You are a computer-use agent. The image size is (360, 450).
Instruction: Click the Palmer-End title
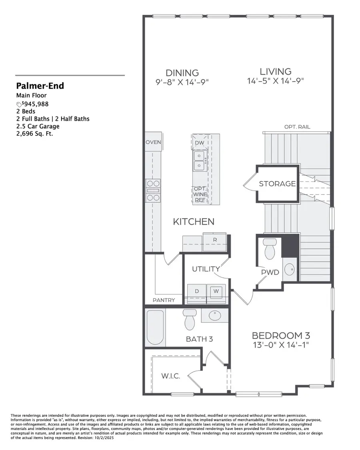pyautogui.click(x=40, y=86)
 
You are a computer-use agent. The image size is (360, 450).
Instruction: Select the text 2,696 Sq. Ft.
pyautogui.click(x=34, y=134)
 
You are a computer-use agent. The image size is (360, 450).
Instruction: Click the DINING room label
pyautogui.click(x=182, y=73)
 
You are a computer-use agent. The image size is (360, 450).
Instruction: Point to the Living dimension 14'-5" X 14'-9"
pyautogui.click(x=276, y=81)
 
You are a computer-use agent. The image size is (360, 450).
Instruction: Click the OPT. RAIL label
pyautogui.click(x=297, y=127)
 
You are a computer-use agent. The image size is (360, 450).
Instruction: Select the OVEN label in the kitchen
pyautogui.click(x=153, y=142)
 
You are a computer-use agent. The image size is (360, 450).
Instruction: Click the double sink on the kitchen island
pyautogui.click(x=199, y=160)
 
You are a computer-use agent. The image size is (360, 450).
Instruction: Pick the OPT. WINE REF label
pyautogui.click(x=200, y=194)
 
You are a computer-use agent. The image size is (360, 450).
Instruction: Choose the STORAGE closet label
pyautogui.click(x=277, y=184)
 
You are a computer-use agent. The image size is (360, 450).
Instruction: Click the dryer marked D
pyautogui.click(x=197, y=291)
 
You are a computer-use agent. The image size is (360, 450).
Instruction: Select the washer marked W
pyautogui.click(x=216, y=291)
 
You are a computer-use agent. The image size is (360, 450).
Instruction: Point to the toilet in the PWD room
pyautogui.click(x=270, y=249)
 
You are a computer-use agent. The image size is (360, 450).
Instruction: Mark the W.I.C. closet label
pyautogui.click(x=170, y=376)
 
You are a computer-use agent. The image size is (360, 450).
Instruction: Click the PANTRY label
pyautogui.click(x=164, y=300)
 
